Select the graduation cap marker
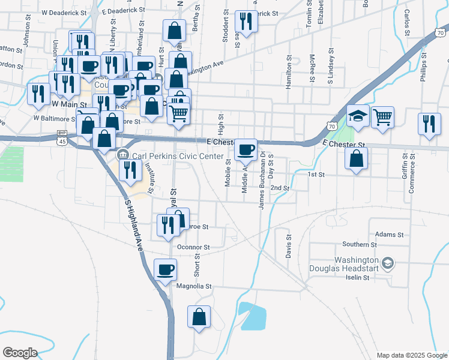358,116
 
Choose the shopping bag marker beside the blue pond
199,317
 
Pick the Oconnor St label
193,247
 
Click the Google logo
20,353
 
